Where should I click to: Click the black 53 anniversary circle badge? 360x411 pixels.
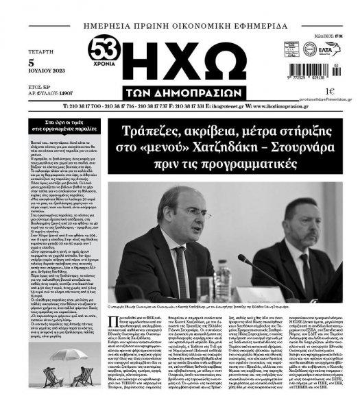pyautogui.click(x=104, y=50)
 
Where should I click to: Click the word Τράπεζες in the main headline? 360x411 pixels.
pyautogui.click(x=150, y=132)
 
